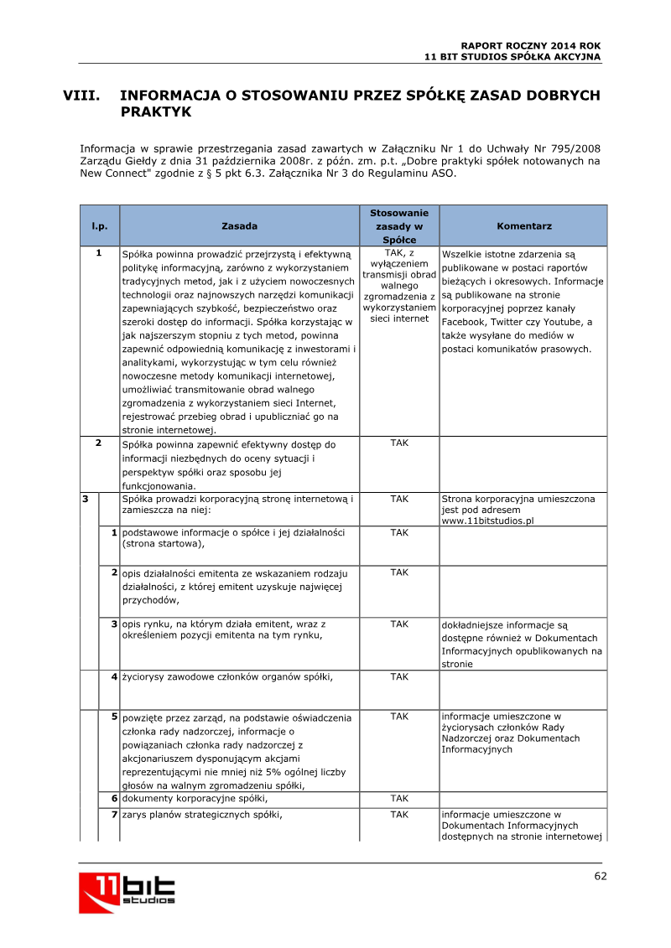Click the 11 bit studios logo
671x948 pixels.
click(127, 893)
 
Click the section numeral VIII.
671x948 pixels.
click(82, 96)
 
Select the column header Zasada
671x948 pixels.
click(239, 226)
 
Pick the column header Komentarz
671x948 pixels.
click(523, 226)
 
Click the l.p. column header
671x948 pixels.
click(99, 226)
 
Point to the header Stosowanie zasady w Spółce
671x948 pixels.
click(399, 226)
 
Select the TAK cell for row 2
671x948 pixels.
click(399, 443)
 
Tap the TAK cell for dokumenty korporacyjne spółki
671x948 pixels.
click(399, 799)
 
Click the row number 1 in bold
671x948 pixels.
click(99, 253)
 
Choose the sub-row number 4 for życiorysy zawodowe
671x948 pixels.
click(113, 676)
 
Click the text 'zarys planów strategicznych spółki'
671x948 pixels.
click(203, 815)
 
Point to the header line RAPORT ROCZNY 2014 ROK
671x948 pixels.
click(531, 45)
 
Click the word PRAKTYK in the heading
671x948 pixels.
click(156, 111)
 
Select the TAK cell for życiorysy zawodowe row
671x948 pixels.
click(399, 676)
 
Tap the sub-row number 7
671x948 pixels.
click(113, 815)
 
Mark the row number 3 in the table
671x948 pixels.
click(86, 499)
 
